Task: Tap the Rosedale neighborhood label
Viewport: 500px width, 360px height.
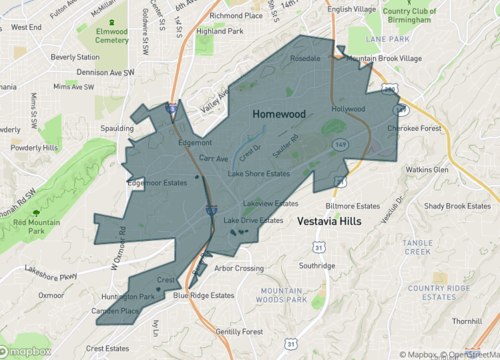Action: coord(304,59)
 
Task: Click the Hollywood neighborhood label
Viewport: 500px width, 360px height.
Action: coord(349,108)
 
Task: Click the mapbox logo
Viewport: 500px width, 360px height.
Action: coord(28,351)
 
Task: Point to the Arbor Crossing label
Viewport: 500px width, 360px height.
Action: coord(239,268)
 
